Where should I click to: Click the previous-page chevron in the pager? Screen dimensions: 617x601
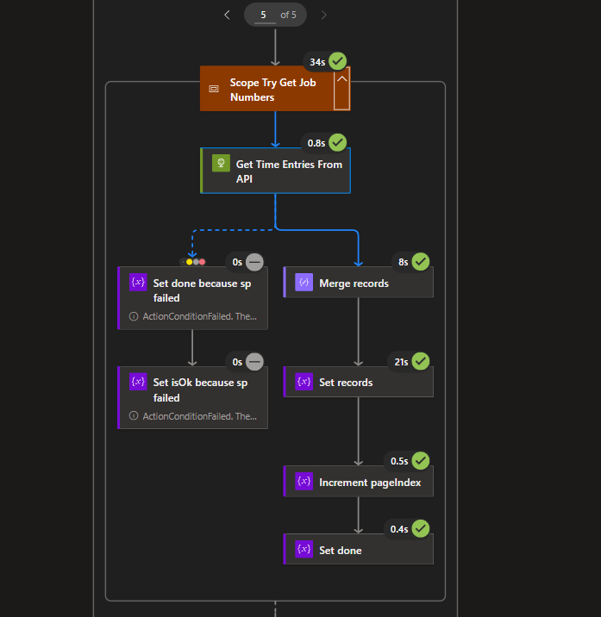point(227,15)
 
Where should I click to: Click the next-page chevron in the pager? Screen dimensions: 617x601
point(323,15)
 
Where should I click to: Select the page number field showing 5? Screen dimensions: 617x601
point(263,15)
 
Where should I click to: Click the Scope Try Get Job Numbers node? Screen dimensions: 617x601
point(266,90)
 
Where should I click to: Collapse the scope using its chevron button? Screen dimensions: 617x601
point(341,89)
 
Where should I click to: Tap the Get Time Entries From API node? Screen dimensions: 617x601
point(276,171)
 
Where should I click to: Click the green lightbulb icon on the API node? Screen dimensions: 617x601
point(220,163)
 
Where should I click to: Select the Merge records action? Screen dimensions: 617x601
point(359,283)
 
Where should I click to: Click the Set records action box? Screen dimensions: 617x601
point(359,382)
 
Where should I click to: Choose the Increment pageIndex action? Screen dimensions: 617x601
point(359,482)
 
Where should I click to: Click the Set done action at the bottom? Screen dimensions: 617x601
point(359,549)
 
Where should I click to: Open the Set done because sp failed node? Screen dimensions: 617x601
point(193,290)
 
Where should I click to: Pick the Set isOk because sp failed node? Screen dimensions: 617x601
point(193,390)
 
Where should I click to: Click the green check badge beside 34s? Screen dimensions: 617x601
point(337,61)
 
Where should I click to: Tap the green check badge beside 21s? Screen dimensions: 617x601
point(421,361)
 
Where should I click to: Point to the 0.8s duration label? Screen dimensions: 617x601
point(316,142)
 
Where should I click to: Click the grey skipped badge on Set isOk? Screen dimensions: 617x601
point(254,362)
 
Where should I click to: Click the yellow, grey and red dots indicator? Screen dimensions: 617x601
point(196,261)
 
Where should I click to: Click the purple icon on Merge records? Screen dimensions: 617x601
point(304,283)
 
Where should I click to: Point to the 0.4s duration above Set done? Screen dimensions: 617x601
point(399,528)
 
